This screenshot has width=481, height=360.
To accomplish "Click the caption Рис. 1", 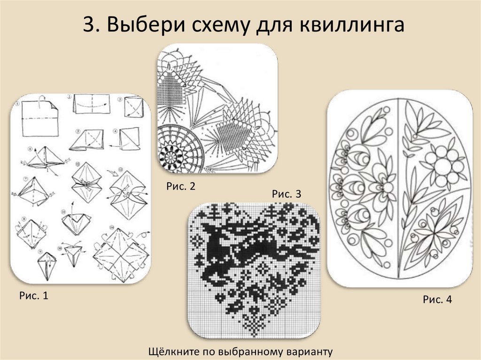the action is tap(34, 295).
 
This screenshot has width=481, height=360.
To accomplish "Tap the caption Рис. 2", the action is tap(181, 186).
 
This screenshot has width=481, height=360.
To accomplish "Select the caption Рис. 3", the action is tap(287, 194).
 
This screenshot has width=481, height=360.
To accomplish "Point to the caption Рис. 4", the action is tap(437, 299).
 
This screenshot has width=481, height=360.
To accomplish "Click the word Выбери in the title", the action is tap(146, 24).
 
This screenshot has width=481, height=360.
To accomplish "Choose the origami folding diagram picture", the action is tap(80, 189).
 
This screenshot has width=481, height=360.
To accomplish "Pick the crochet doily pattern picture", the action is tap(217, 108).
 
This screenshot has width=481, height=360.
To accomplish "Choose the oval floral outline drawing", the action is tap(400, 189).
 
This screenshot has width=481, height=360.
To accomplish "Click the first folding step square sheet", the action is tap(40, 118).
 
